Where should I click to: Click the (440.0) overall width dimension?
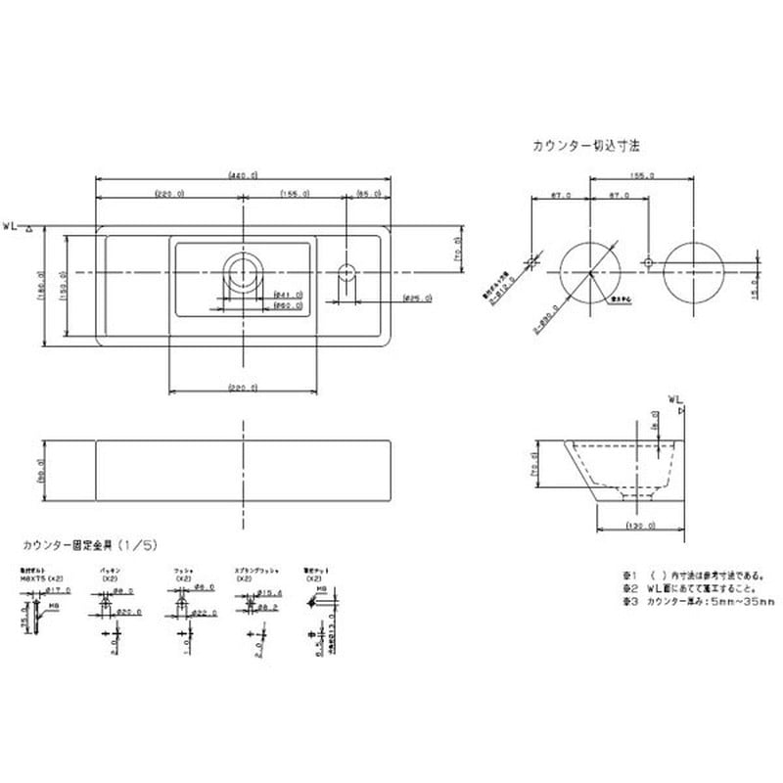pyautogui.click(x=243, y=176)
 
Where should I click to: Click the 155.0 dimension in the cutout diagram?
pyautogui.click(x=642, y=176)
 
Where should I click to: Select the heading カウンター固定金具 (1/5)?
pyautogui.click(x=100, y=542)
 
